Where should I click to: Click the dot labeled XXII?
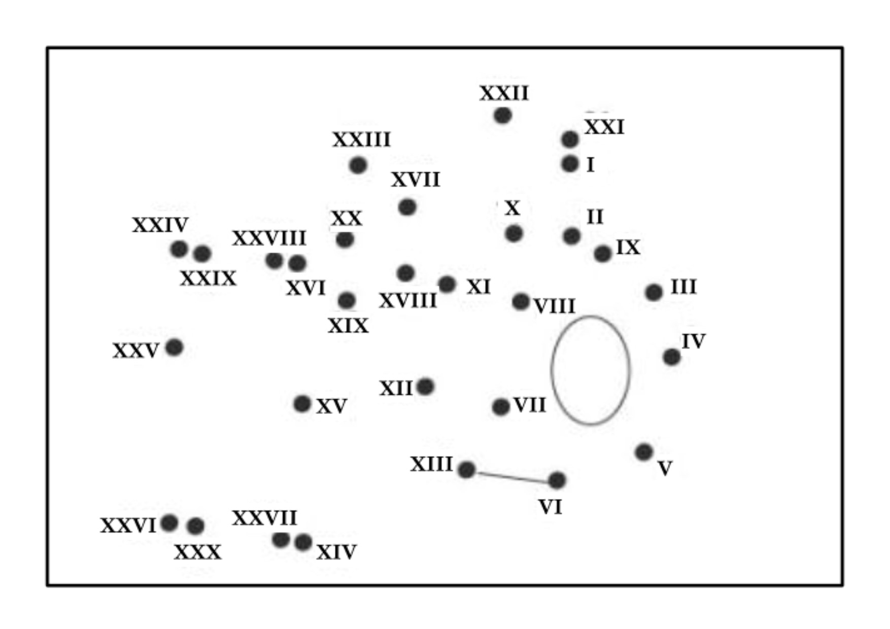click(x=502, y=116)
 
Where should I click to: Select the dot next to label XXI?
click(x=570, y=139)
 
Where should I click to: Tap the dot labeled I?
click(x=570, y=164)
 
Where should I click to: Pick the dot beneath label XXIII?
click(x=358, y=165)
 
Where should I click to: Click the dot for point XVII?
click(x=407, y=207)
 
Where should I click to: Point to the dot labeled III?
click(x=654, y=292)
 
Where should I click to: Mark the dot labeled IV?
click(x=671, y=357)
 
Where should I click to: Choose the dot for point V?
click(x=643, y=451)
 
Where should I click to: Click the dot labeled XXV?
click(x=174, y=347)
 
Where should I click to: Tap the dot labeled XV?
click(x=302, y=404)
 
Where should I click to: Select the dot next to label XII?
click(x=425, y=387)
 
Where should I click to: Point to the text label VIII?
click(x=555, y=306)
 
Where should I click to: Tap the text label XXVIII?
click(x=269, y=238)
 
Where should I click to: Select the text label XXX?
click(x=197, y=552)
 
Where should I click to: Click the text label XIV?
click(x=336, y=552)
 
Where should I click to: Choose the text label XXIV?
click(x=160, y=225)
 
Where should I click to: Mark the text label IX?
click(x=628, y=248)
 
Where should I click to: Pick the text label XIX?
click(x=348, y=326)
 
